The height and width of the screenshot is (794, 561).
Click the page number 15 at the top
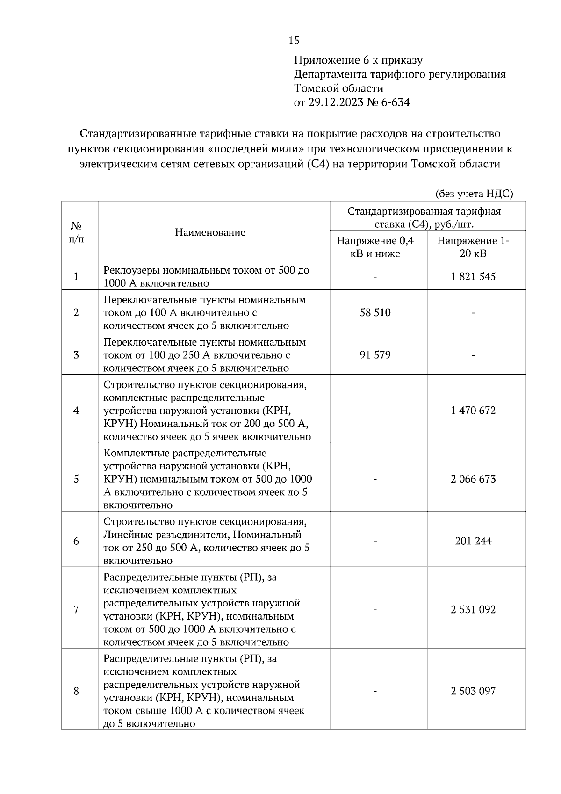coord(294,41)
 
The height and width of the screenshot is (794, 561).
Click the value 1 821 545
coord(473,276)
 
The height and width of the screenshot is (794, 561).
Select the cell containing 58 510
coord(375,312)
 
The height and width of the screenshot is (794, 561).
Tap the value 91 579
coord(375,355)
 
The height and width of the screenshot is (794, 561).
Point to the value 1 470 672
coord(473,411)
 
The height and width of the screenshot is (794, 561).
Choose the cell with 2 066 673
coord(473,479)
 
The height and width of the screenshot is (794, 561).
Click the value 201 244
coord(473,541)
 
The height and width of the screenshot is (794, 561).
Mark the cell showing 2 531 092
coord(473,609)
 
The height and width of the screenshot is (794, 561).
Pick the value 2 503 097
coord(473,691)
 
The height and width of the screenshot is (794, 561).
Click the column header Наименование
coord(210,232)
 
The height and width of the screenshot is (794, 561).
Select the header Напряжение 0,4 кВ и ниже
coord(375,247)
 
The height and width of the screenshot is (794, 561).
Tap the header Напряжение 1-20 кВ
coord(473,247)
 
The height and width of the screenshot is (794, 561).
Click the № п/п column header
coord(77,232)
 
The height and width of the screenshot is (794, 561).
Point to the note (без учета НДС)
coord(474,194)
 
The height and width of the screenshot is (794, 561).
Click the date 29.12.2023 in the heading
coord(335,102)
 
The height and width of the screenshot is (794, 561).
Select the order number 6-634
coord(395,102)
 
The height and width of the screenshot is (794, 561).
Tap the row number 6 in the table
coord(76,541)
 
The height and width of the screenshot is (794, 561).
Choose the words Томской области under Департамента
coord(338,88)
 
